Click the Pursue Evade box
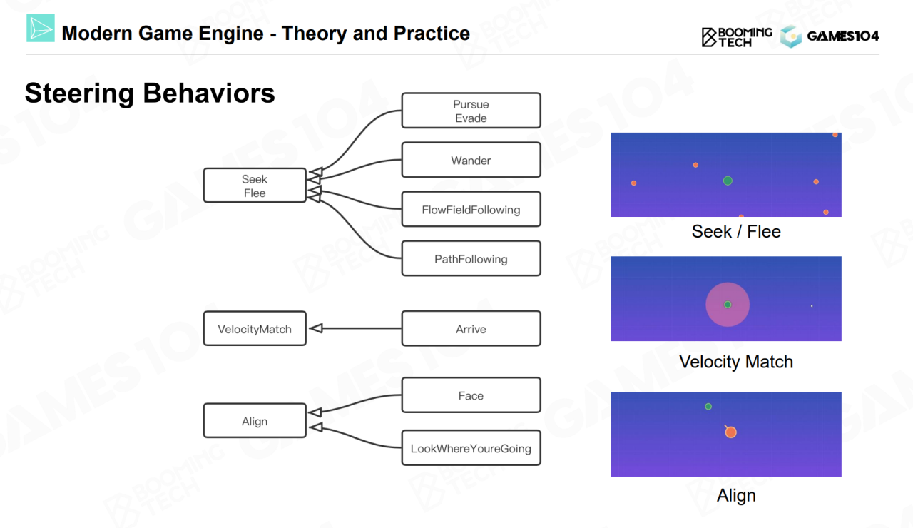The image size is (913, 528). (471, 111)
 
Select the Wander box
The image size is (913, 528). (471, 160)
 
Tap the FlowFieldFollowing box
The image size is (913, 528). (471, 209)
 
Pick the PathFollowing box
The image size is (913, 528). (471, 258)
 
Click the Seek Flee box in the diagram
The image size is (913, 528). (255, 186)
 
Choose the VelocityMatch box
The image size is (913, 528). (255, 328)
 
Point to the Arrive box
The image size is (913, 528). (471, 328)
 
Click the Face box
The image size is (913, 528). (471, 395)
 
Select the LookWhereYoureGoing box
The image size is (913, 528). (471, 448)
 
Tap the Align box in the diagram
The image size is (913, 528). (255, 421)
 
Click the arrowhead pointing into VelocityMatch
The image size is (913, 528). (316, 328)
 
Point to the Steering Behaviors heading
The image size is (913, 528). (150, 93)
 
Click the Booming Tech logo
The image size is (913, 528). (737, 36)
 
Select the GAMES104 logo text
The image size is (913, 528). (842, 36)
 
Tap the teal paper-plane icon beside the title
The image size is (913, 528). (41, 28)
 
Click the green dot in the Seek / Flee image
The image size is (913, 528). (728, 181)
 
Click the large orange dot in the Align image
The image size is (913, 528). (730, 432)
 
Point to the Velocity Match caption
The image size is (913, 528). (736, 362)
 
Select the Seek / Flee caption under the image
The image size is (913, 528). (736, 231)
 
